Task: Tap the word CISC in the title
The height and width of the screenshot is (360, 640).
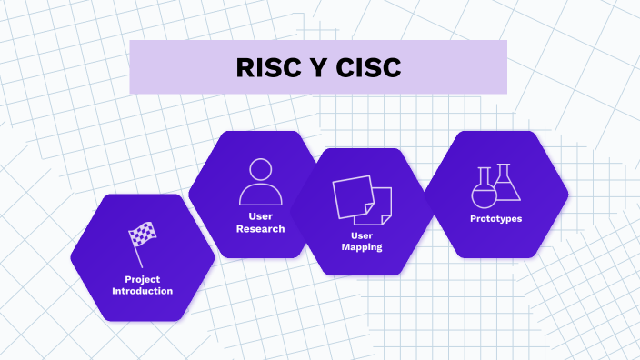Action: click(x=368, y=68)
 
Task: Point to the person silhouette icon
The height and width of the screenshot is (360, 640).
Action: click(x=261, y=182)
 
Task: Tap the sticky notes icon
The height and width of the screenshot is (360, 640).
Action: click(x=362, y=201)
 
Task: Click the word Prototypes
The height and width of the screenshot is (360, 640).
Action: click(x=495, y=218)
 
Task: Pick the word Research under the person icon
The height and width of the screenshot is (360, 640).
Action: click(x=261, y=229)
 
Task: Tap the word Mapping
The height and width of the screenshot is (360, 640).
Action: click(x=362, y=247)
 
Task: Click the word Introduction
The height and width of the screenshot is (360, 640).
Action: click(x=143, y=291)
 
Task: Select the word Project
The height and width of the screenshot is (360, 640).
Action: click(x=143, y=279)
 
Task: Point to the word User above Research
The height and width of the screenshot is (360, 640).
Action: click(x=261, y=216)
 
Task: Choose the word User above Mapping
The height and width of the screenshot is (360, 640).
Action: click(x=362, y=235)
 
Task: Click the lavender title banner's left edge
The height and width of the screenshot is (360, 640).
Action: click(x=132, y=67)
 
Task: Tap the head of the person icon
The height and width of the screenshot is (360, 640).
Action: click(x=261, y=170)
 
